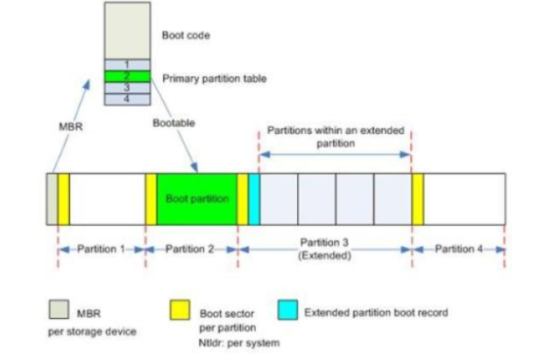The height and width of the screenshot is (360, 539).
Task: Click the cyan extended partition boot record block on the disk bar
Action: pyautogui.click(x=254, y=200)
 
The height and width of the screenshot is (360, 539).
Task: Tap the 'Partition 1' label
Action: pyautogui.click(x=101, y=250)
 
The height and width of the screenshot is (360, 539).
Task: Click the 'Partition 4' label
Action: pyautogui.click(x=458, y=250)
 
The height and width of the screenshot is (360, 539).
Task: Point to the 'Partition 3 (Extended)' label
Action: pyautogui.click(x=325, y=250)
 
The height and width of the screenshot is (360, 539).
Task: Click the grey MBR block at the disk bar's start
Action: pyautogui.click(x=53, y=200)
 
